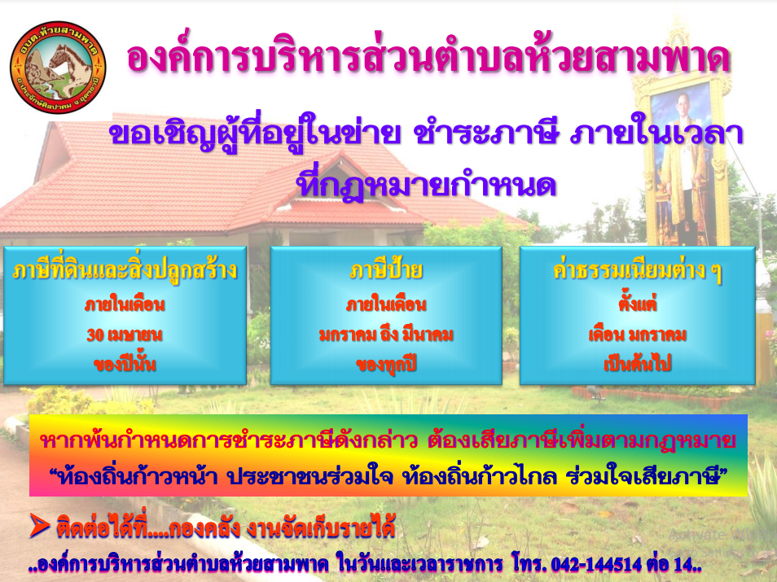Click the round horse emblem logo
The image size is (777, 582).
tap(58, 68)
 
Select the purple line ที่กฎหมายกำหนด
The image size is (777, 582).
tap(426, 184)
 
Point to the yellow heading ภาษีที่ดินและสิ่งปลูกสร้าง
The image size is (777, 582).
tap(125, 271)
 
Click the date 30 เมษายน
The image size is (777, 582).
tap(125, 335)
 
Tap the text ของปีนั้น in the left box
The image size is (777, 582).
tap(125, 364)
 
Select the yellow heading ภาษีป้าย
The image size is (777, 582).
tap(386, 271)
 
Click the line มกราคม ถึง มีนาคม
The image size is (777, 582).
tap(386, 335)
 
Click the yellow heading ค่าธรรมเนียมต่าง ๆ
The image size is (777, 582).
tap(637, 271)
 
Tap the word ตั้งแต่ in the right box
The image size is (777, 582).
tap(637, 303)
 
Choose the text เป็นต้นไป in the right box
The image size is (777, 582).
tap(637, 365)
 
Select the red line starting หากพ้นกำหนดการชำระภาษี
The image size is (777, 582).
tap(388, 440)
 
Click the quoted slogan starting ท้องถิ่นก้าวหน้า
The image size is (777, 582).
tap(388, 476)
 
